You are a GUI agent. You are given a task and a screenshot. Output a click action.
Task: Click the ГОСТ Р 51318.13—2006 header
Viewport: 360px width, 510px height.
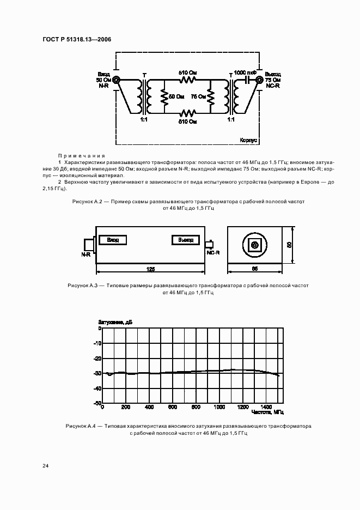pyautogui.click(x=76, y=40)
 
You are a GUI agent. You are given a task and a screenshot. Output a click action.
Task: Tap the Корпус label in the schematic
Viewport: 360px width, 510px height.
pyautogui.click(x=248, y=140)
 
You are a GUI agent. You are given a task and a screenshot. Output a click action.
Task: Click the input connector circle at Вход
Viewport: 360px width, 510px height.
pyautogui.click(x=115, y=80)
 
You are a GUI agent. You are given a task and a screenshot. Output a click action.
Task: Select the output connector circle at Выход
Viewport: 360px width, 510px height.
pyautogui.click(x=260, y=80)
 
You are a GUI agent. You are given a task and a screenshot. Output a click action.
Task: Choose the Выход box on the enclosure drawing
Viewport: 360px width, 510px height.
pyautogui.click(x=186, y=240)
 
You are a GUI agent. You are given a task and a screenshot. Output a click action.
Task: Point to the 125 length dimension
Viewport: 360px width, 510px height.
pyautogui.click(x=151, y=269)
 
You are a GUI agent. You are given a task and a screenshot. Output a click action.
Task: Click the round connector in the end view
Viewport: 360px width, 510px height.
pyautogui.click(x=254, y=246)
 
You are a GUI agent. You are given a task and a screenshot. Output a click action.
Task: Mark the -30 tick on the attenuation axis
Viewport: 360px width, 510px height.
pyautogui.click(x=98, y=374)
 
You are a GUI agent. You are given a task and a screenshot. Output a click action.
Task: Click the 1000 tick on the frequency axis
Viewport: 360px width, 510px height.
pyautogui.click(x=219, y=407)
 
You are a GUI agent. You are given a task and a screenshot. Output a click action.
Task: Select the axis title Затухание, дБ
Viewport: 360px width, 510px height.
pyautogui.click(x=115, y=323)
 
